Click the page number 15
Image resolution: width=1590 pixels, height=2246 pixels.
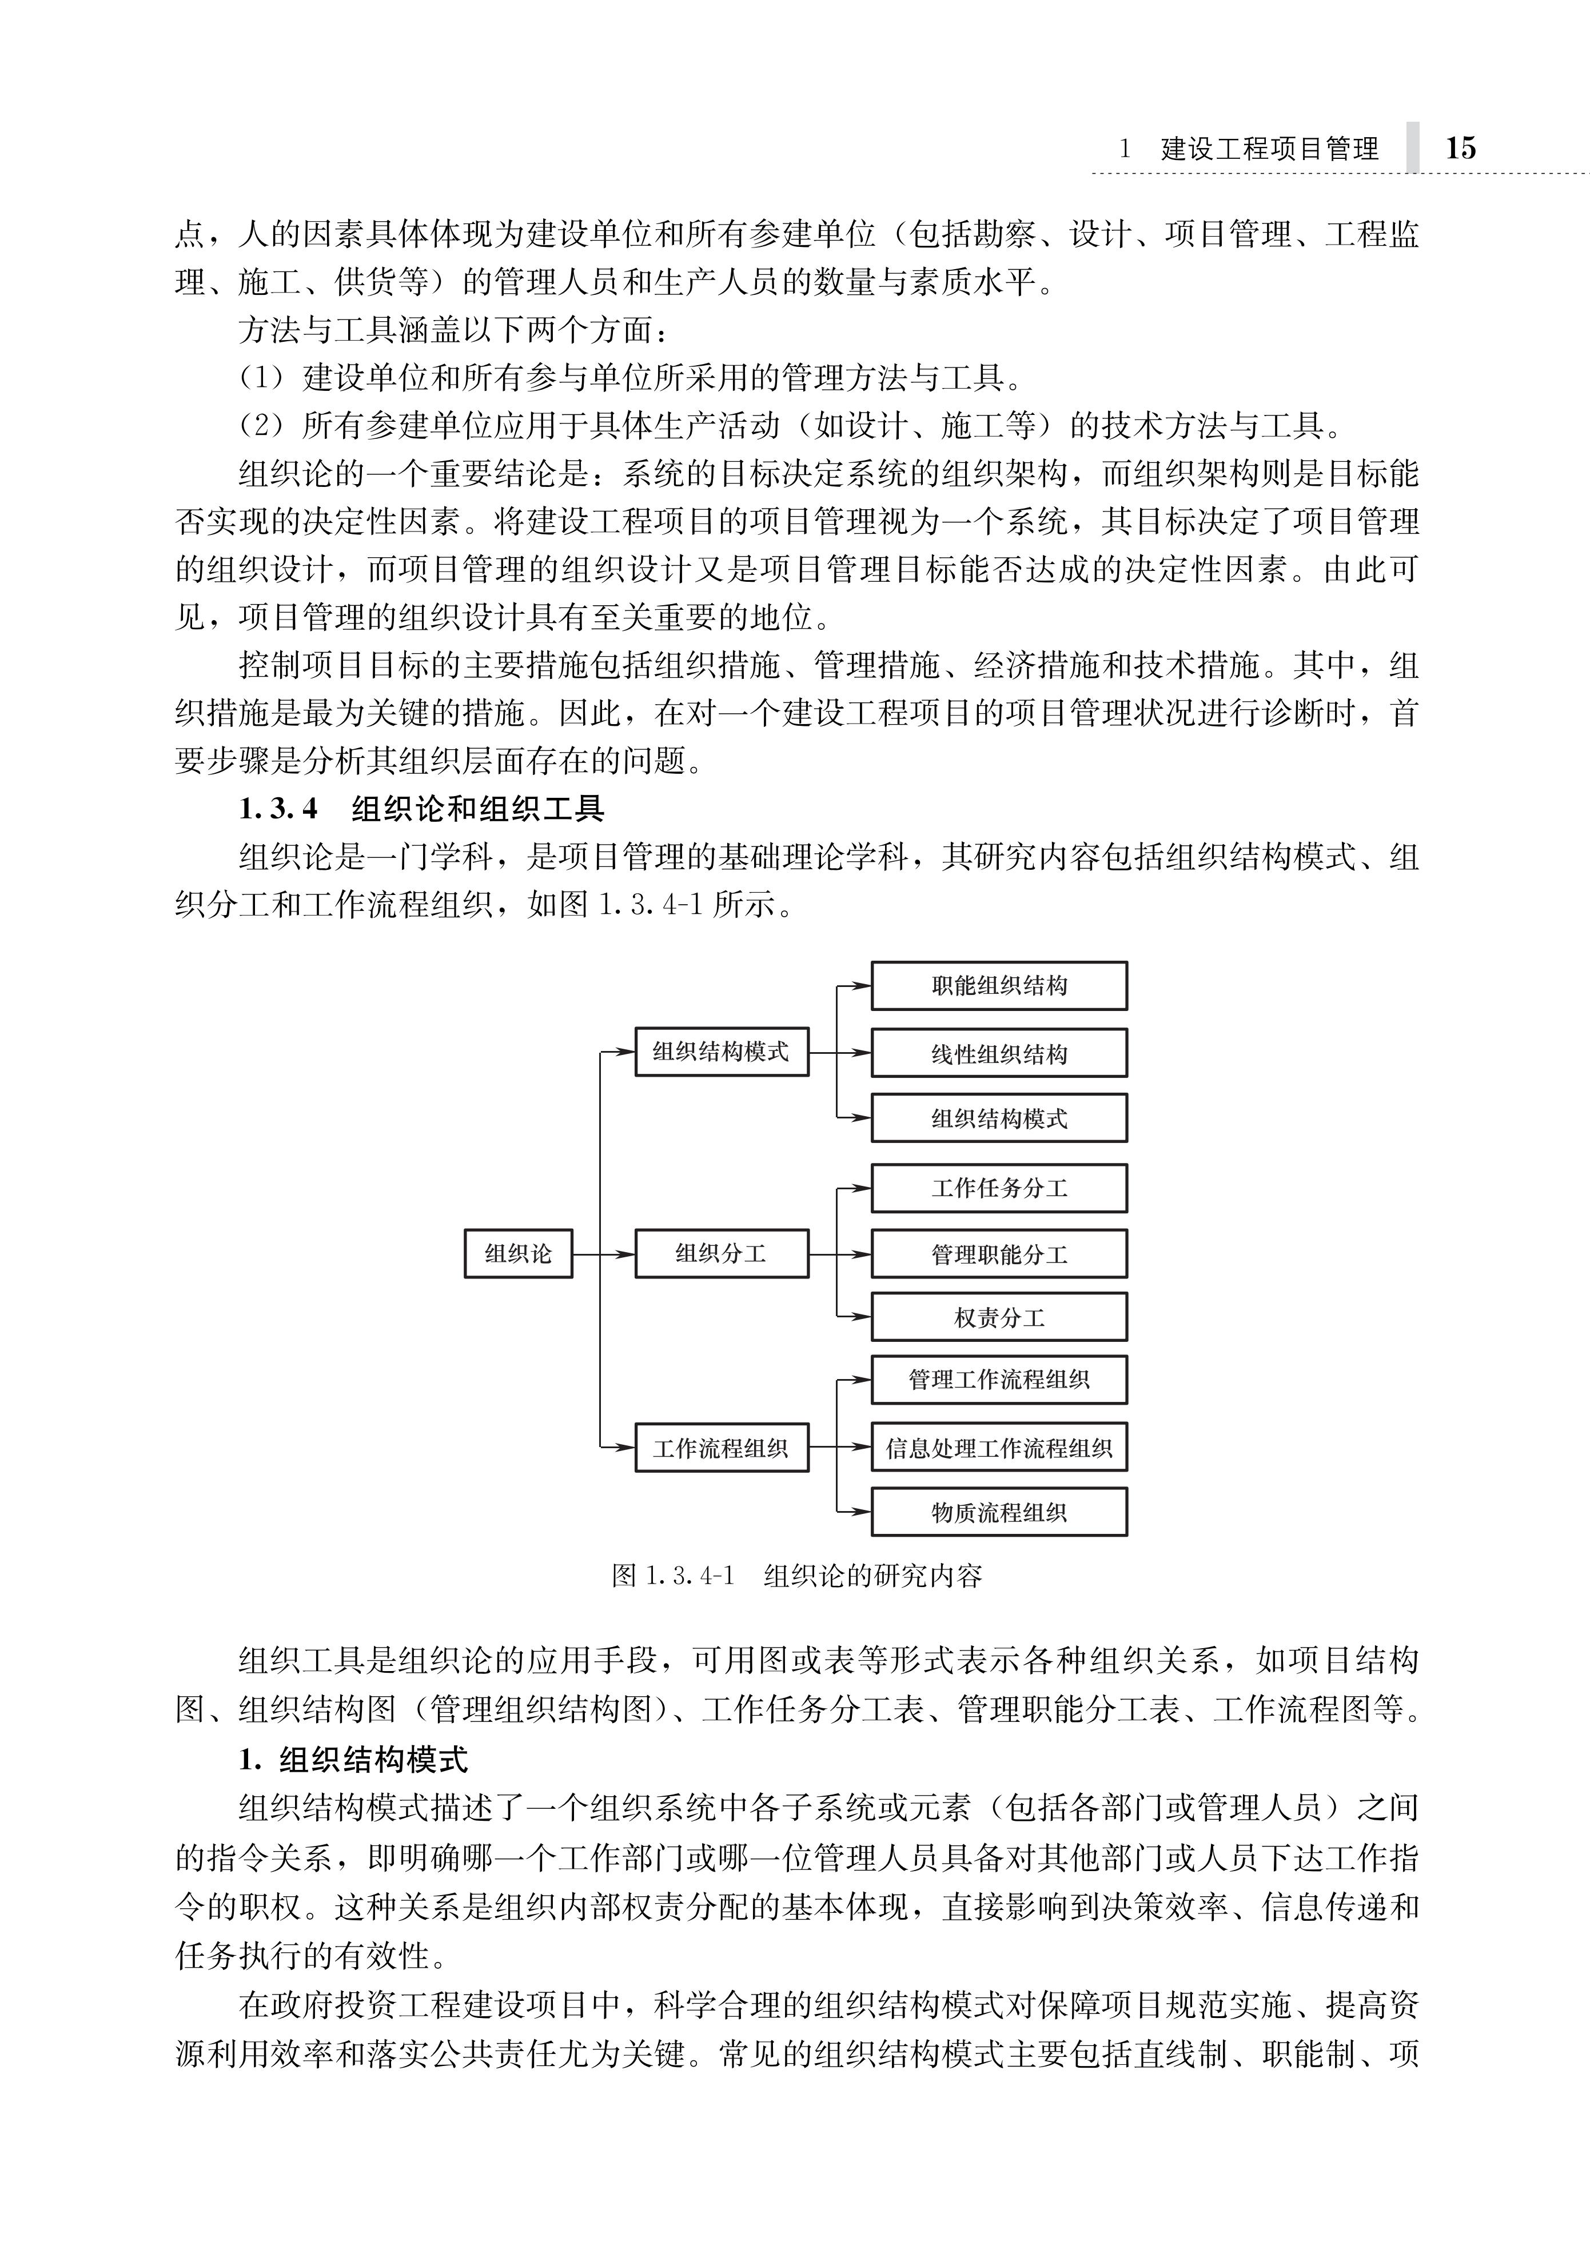(1460, 148)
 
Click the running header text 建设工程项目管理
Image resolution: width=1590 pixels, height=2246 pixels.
(1270, 149)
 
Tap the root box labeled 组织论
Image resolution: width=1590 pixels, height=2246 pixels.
(518, 1254)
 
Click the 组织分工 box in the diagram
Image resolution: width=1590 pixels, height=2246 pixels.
(722, 1254)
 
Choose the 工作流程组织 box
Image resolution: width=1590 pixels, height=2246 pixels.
(722, 1448)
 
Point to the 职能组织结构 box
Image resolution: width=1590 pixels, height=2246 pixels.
(999, 985)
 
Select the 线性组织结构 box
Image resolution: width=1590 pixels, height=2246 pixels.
(999, 1053)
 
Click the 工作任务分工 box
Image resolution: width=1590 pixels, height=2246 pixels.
(999, 1188)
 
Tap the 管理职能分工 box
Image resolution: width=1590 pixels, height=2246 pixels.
(999, 1254)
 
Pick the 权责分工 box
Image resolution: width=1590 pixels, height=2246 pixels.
(999, 1317)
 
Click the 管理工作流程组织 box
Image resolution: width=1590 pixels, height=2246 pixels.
(999, 1380)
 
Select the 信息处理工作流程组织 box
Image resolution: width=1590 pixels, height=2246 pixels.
(999, 1448)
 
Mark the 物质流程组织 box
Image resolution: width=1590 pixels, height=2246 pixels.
(999, 1512)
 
